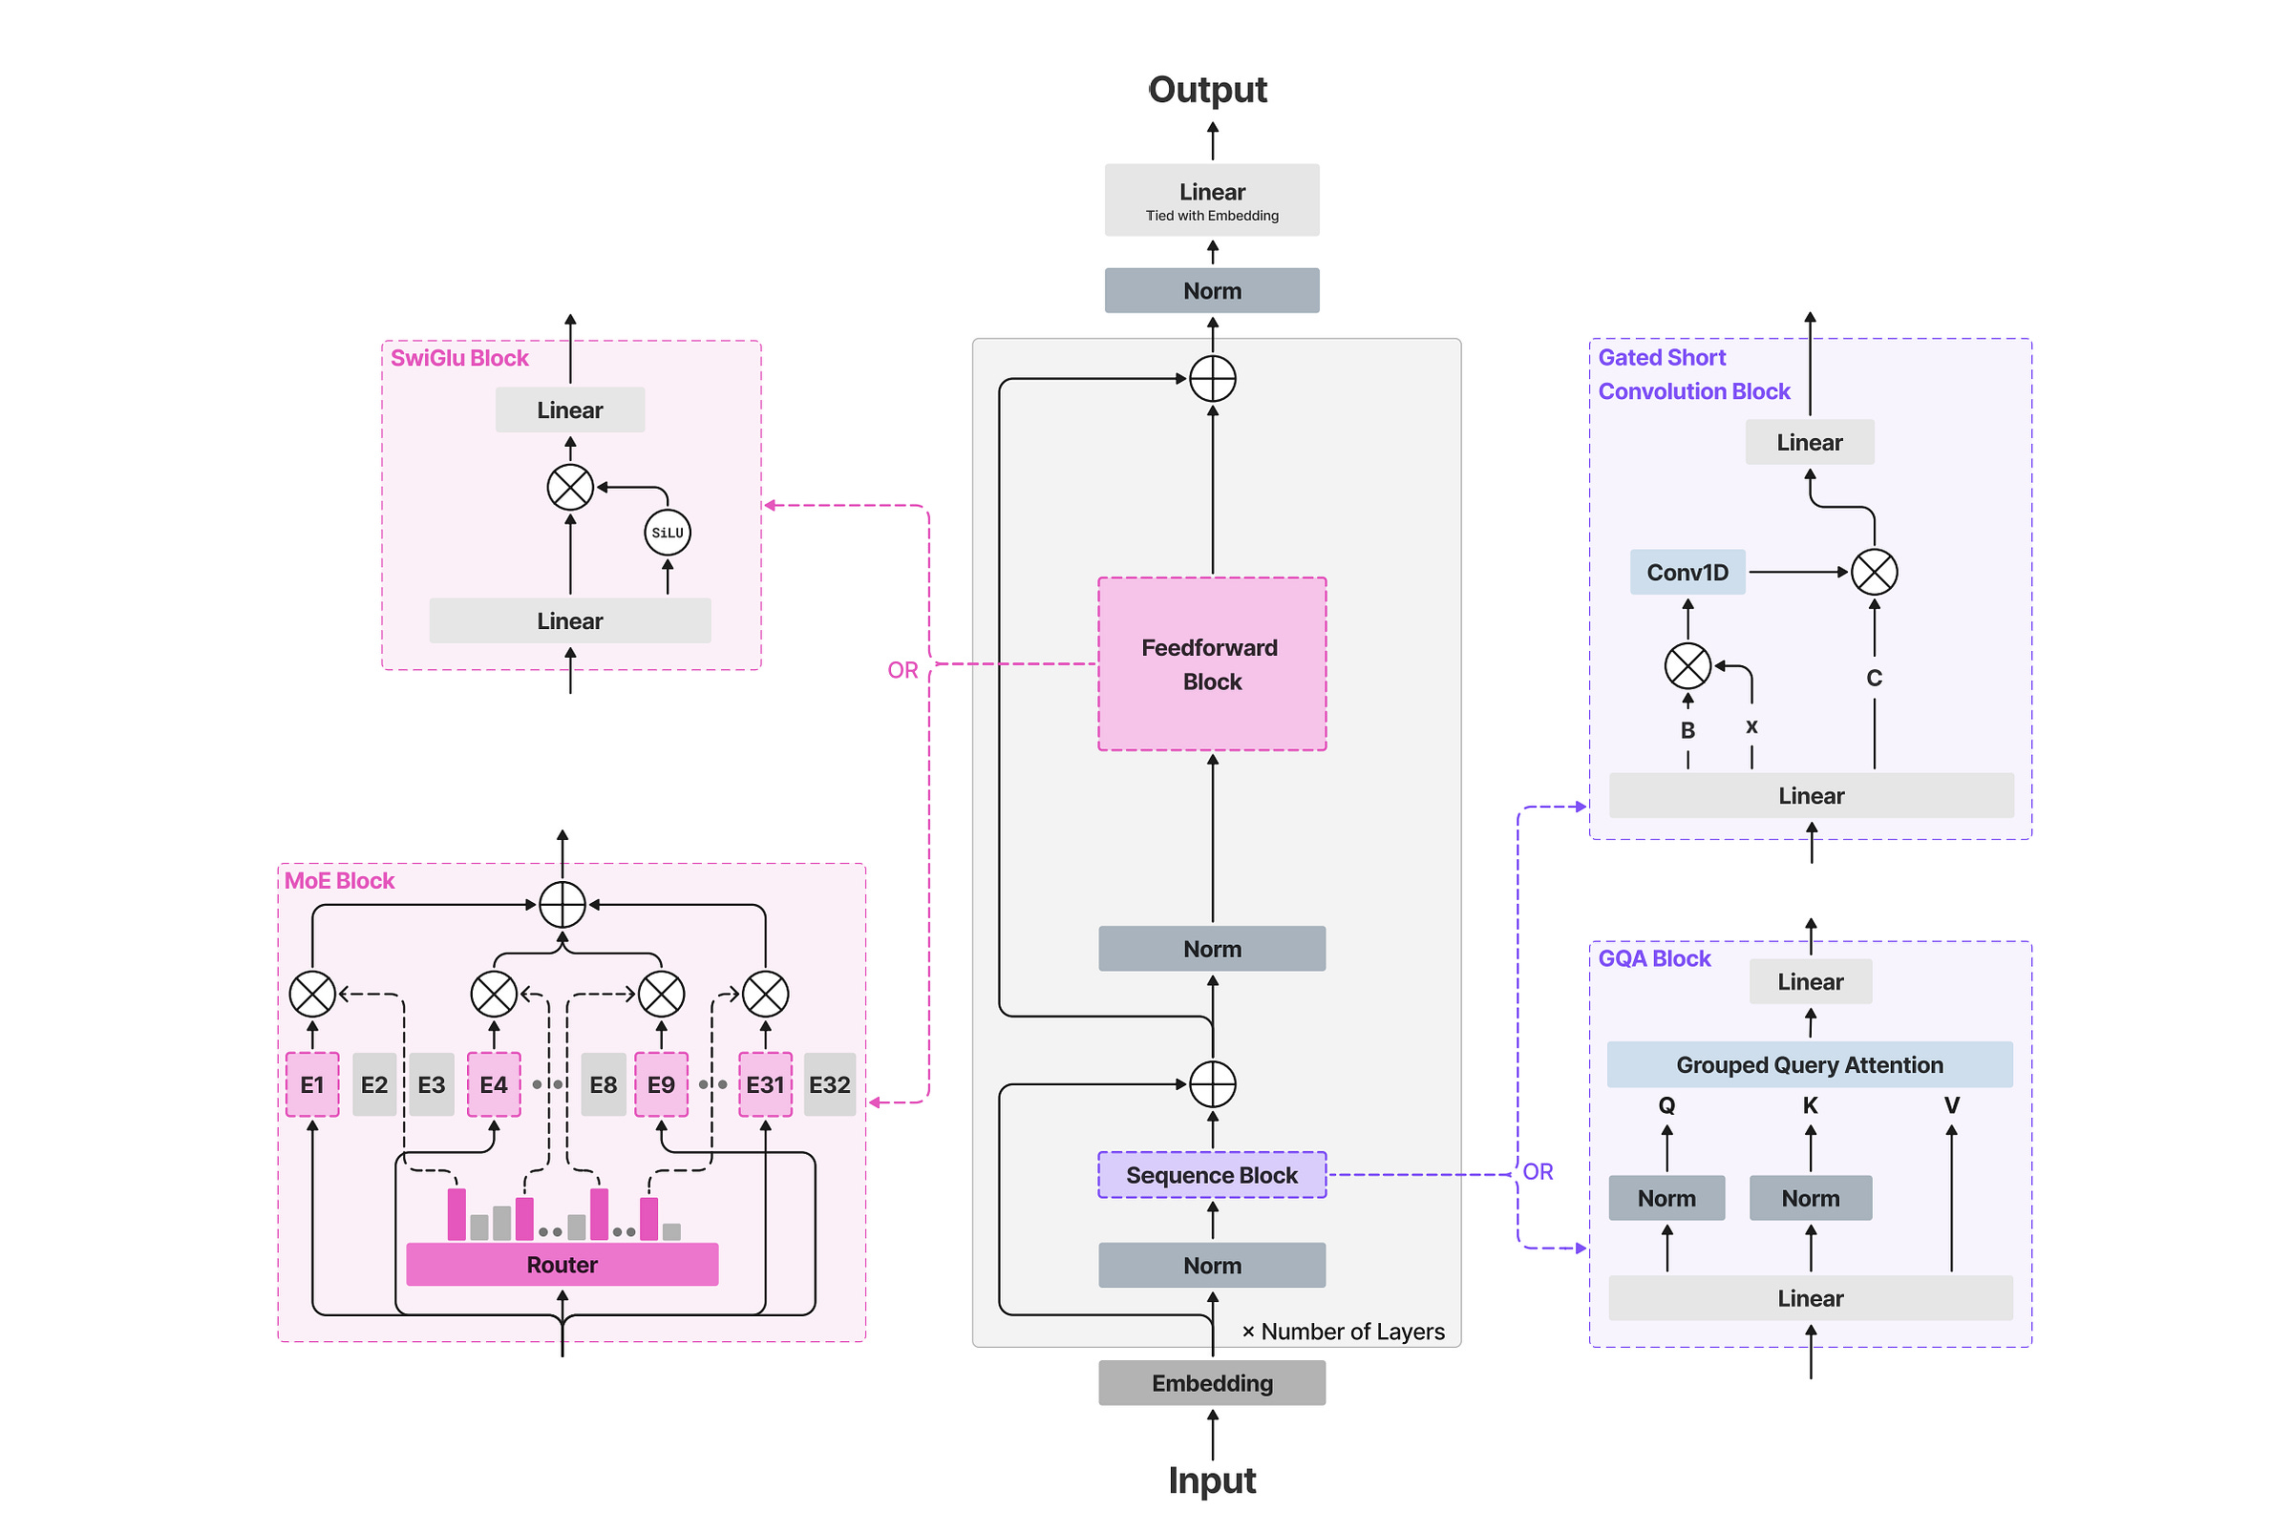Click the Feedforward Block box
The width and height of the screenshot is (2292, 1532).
[x=1212, y=663]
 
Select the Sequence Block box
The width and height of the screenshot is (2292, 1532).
[x=1212, y=1174]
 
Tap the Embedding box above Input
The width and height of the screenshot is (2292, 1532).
[x=1212, y=1382]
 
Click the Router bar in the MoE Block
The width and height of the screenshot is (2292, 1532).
[x=562, y=1265]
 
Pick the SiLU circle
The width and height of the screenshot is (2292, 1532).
[x=668, y=533]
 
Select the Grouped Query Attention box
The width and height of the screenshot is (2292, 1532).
[x=1810, y=1064]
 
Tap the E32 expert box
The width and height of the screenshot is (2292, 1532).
[x=830, y=1084]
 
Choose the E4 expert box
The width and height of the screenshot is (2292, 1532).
[x=494, y=1084]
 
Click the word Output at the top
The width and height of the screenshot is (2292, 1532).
[x=1208, y=90]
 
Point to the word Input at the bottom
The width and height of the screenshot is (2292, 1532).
[x=1212, y=1481]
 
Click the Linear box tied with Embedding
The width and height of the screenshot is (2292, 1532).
[x=1212, y=199]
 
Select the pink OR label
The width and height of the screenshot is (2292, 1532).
[x=903, y=670]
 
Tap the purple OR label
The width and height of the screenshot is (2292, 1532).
[x=1538, y=1171]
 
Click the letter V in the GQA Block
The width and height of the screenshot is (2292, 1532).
[x=1952, y=1105]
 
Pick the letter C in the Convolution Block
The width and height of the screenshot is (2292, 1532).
[x=1875, y=678]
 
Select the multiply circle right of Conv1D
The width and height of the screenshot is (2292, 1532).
[x=1875, y=572]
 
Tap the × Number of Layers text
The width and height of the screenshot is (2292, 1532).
[x=1343, y=1332]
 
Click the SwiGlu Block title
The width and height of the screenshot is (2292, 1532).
[x=459, y=359]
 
